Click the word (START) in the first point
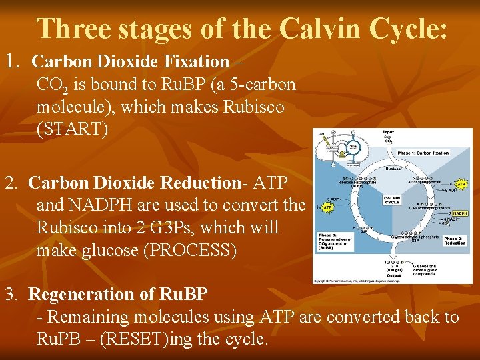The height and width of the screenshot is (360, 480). (x=72, y=129)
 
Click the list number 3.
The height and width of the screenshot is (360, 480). (x=11, y=294)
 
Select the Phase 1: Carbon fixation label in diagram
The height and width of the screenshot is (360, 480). (x=423, y=153)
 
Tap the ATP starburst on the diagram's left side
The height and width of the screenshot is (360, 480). (x=327, y=207)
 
